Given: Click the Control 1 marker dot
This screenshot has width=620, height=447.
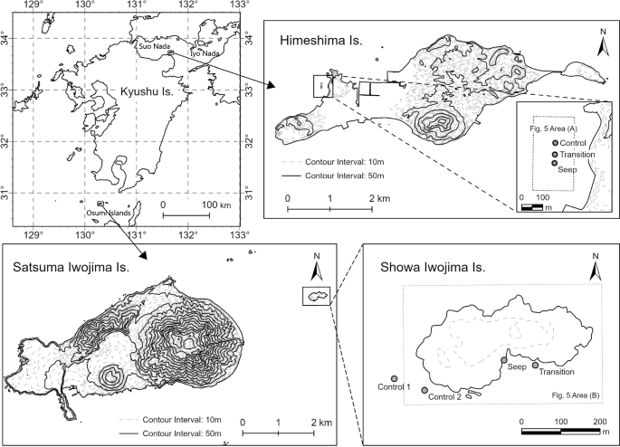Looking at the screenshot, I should tap(393, 379).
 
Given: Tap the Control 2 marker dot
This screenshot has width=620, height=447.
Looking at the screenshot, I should tap(424, 390).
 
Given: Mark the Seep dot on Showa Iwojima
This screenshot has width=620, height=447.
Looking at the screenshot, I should tap(504, 360).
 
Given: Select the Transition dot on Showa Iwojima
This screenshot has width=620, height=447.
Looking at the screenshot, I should tap(535, 365).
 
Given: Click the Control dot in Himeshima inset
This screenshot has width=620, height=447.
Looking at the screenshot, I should tap(555, 144).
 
